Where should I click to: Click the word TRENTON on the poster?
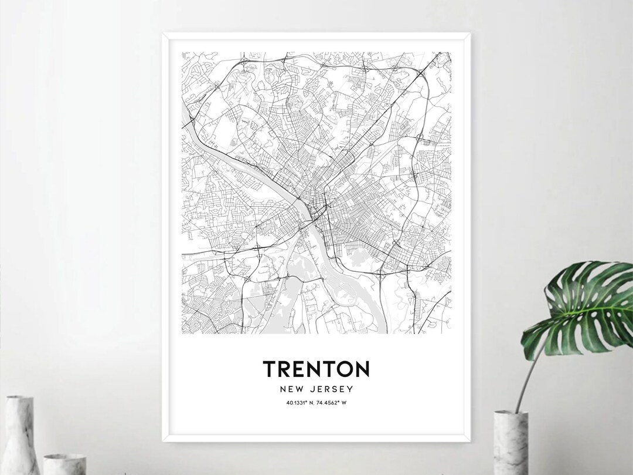coord(316,369)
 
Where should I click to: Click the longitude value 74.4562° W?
coord(333,402)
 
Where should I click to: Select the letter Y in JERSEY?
coord(350,389)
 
